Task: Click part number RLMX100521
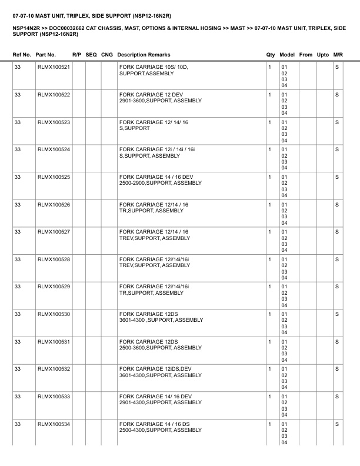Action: click(x=54, y=67)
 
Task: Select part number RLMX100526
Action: click(x=54, y=204)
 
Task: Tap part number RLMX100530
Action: click(x=54, y=314)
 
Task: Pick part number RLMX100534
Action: click(x=54, y=424)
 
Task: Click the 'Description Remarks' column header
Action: click(x=144, y=55)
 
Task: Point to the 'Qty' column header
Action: click(x=271, y=55)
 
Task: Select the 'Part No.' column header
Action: click(x=46, y=55)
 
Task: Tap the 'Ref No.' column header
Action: click(x=22, y=55)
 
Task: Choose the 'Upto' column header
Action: click(x=323, y=55)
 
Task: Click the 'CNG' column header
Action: click(x=107, y=55)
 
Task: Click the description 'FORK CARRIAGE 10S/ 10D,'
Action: click(x=153, y=67)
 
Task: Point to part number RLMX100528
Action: click(x=54, y=259)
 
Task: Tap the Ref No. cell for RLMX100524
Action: click(x=18, y=149)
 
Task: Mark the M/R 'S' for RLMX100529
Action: click(x=337, y=287)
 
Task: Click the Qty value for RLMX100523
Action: click(x=269, y=122)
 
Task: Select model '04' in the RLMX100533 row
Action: click(x=284, y=415)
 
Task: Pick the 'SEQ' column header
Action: click(x=91, y=55)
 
